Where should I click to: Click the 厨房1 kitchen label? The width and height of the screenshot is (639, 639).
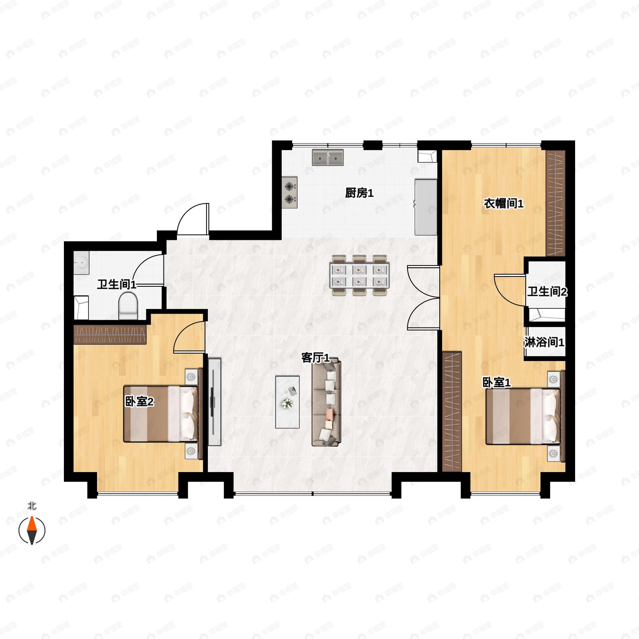coord(359,193)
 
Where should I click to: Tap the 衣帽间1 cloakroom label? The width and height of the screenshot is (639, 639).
coord(504,203)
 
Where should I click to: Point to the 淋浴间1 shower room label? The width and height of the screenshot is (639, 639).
coord(544,342)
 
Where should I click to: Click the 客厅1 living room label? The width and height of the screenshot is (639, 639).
coord(316,358)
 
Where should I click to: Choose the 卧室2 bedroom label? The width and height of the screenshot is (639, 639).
coord(139,402)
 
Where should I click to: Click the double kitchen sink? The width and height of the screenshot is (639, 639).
coord(328,157)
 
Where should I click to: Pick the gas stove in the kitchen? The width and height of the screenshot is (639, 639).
coord(289,192)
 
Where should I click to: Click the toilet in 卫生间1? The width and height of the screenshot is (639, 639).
coord(128,307)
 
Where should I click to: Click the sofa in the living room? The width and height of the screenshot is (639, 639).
coord(326,402)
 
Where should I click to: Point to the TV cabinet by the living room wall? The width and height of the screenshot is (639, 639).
coord(214,402)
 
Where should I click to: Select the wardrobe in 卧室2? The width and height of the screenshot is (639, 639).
coord(109,334)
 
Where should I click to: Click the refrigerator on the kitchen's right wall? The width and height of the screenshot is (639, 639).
coord(426,207)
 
